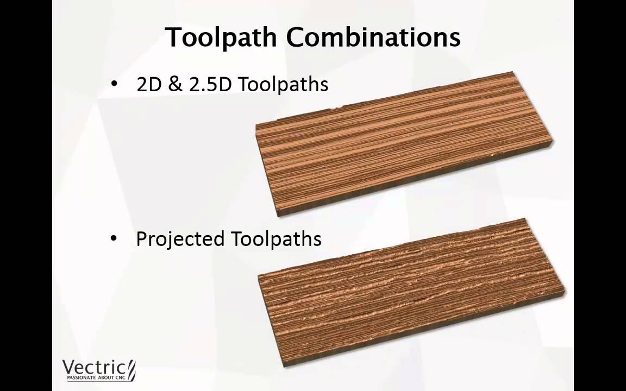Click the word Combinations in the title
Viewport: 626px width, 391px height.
pyautogui.click(x=373, y=37)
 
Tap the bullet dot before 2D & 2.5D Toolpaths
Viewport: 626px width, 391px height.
pyautogui.click(x=114, y=84)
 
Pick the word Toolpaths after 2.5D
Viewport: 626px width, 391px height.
pyautogui.click(x=283, y=85)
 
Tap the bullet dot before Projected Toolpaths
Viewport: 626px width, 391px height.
pyautogui.click(x=114, y=238)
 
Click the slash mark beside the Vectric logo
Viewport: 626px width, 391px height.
pyautogui.click(x=131, y=370)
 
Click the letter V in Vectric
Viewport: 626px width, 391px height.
pyautogui.click(x=68, y=367)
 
